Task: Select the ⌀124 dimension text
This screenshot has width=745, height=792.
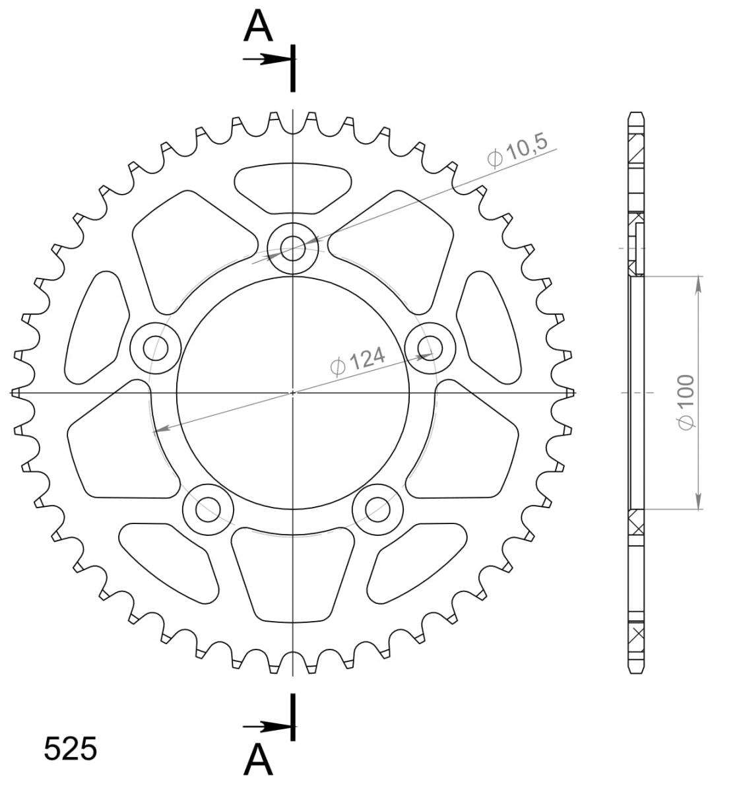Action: click(358, 361)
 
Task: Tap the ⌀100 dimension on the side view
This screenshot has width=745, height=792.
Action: click(686, 402)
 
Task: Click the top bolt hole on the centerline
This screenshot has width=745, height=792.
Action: click(293, 248)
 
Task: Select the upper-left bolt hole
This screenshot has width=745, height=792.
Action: click(156, 348)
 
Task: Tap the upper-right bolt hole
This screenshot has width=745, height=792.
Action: click(430, 348)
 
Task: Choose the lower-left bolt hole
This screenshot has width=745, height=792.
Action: click(208, 510)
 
